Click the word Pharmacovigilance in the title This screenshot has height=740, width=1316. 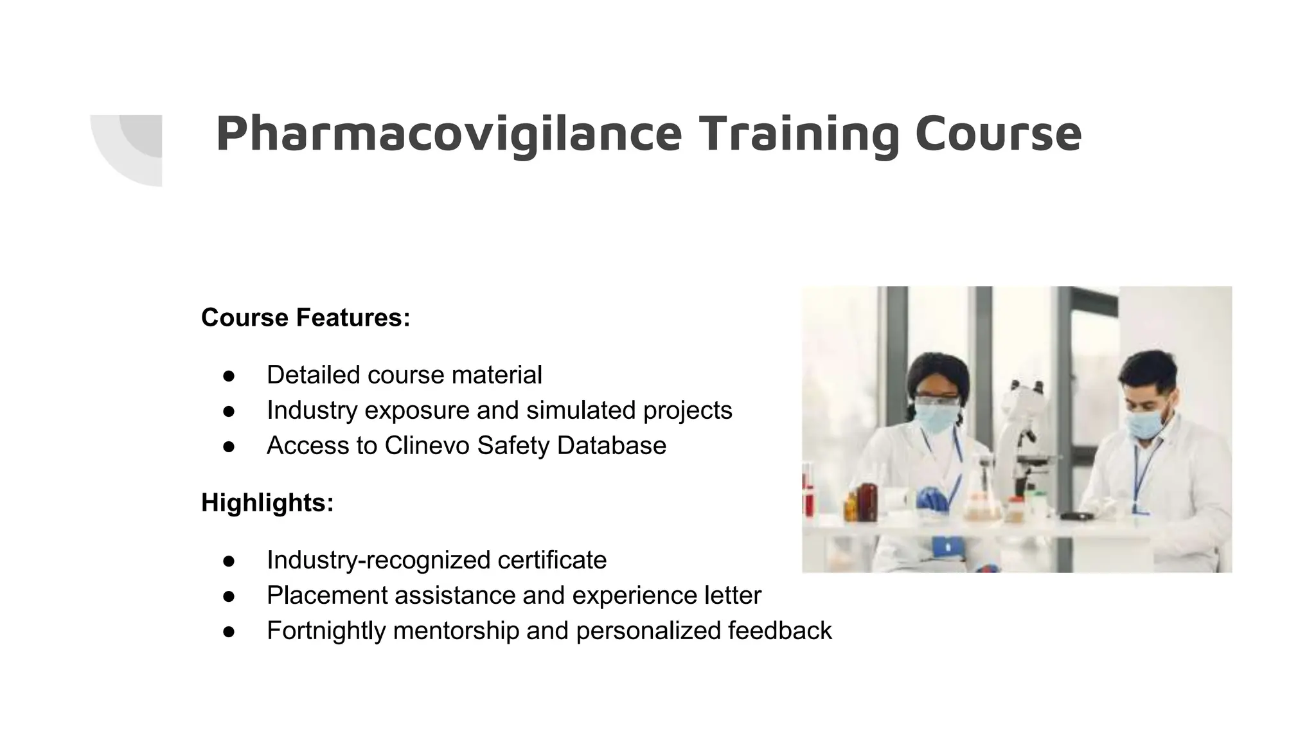[449, 134]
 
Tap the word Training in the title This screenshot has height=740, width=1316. [799, 134]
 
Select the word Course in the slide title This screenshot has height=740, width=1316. [998, 134]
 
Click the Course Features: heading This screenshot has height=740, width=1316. [305, 318]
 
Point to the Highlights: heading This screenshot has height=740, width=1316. [267, 503]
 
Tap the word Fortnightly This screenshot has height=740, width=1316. [326, 631]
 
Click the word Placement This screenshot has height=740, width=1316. [326, 595]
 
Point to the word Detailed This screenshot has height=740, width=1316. [313, 375]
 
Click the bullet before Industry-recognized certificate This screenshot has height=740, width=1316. [229, 561]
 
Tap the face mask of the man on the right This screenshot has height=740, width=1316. [1145, 424]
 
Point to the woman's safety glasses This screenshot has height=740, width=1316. [936, 401]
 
